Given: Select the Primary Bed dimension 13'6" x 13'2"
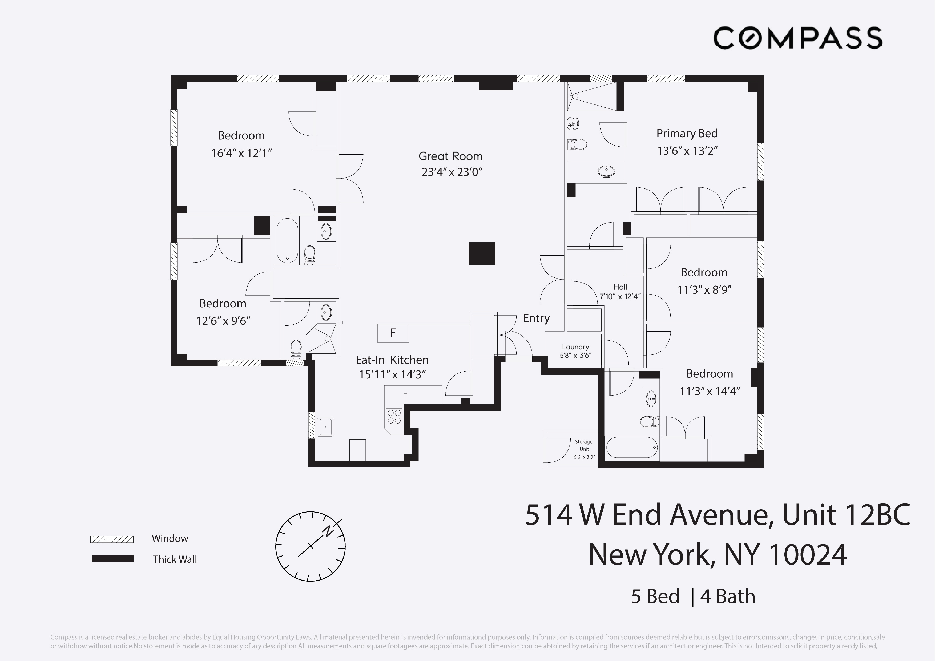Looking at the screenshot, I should coord(687,151).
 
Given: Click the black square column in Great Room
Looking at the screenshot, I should coord(482,253).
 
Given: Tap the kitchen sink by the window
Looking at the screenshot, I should coord(325,427).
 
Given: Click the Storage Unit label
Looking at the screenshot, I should coord(583,445).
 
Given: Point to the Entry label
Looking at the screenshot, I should coord(536,318).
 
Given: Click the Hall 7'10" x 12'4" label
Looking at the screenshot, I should coord(620,292).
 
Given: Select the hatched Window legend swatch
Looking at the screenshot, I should coord(112,539).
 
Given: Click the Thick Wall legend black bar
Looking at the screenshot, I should coord(112,559).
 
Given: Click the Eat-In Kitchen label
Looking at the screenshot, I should coord(392,360).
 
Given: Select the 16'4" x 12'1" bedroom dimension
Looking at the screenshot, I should coord(241,153).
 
